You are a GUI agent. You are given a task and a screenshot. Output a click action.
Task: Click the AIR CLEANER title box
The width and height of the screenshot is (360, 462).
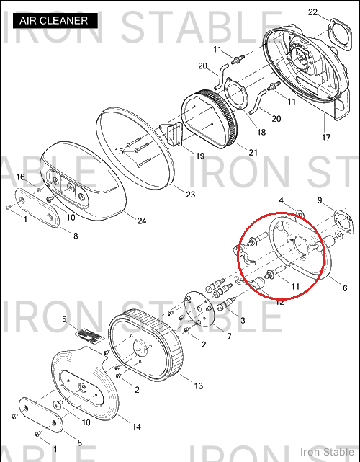click(x=55, y=21)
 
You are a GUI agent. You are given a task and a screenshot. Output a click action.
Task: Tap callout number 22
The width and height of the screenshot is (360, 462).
click(x=312, y=12)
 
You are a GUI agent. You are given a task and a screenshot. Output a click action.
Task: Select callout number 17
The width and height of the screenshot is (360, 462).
click(x=326, y=137)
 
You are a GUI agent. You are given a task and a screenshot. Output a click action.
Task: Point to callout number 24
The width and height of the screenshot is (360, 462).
click(x=142, y=221)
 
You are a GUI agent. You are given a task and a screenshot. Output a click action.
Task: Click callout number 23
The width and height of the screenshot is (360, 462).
click(x=191, y=195)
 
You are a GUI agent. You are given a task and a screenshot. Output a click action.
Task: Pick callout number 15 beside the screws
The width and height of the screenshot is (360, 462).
click(x=119, y=151)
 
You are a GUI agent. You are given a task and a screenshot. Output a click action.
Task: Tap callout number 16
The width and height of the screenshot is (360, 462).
click(x=20, y=177)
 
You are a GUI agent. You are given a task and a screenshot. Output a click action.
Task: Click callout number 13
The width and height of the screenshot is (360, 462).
click(x=199, y=386)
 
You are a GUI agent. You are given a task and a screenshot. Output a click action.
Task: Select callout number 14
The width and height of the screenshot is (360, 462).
click(x=136, y=427)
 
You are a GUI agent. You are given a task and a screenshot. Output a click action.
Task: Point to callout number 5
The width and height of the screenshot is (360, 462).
click(x=64, y=319)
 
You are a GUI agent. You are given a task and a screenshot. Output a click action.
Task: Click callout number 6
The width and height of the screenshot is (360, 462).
click(x=345, y=288)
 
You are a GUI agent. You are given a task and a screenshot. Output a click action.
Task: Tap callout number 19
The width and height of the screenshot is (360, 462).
click(x=200, y=156)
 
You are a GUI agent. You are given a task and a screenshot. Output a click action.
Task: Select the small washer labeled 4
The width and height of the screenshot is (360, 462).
click(x=300, y=213)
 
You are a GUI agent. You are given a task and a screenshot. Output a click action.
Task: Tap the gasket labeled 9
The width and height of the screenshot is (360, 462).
click(x=343, y=221)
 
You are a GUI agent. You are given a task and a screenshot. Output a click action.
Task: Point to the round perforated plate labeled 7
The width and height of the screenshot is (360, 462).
click(x=199, y=309)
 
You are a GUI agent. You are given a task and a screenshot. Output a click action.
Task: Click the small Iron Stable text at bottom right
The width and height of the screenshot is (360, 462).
click(x=327, y=452)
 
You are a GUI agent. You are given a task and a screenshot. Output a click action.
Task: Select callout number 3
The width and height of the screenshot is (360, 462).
click(x=243, y=320)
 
